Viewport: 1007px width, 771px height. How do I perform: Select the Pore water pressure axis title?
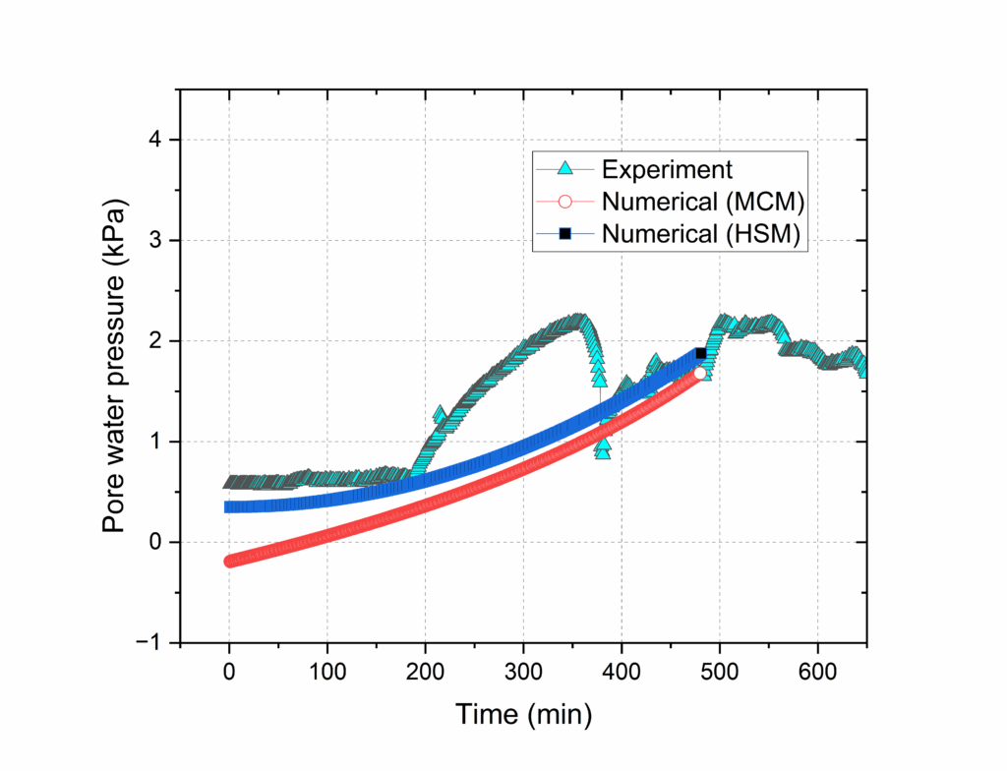pos(115,391)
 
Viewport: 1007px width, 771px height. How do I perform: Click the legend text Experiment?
pos(667,169)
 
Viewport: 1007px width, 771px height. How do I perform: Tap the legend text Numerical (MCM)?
pos(703,203)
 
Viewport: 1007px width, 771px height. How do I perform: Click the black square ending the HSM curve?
pos(700,354)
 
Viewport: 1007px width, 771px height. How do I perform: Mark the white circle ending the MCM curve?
pos(699,373)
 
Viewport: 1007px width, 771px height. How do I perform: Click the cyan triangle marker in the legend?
pos(564,168)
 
